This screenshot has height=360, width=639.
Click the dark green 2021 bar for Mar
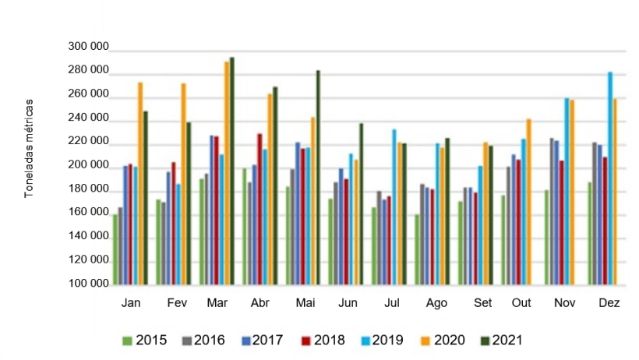coord(231,171)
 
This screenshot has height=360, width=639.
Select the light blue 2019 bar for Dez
coord(610,179)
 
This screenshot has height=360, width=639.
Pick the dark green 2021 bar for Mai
coord(318,178)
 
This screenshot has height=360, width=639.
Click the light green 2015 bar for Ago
coord(418,249)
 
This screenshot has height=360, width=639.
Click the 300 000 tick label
coord(86,48)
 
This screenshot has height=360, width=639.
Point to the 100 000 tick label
coord(86,284)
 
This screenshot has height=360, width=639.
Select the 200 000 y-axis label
coord(86,166)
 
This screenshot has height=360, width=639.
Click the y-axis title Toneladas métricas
coord(29,148)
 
